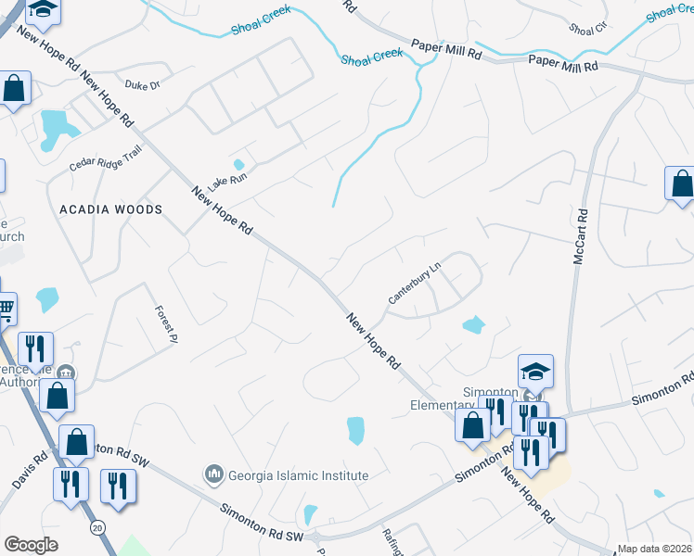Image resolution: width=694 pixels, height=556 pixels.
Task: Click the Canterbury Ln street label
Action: click(x=414, y=283)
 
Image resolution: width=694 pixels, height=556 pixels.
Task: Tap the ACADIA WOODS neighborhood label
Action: click(x=110, y=209)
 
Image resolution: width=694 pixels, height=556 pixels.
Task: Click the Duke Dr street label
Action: click(x=143, y=84)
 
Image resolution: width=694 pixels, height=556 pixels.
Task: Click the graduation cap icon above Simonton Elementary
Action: click(x=536, y=371)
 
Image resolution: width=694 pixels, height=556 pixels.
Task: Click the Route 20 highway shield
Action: click(x=96, y=527)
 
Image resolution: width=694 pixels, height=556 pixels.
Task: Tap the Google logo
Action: click(x=31, y=545)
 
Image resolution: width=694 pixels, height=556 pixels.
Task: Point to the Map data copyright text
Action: click(x=653, y=549)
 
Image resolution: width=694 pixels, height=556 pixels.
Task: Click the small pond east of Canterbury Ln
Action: click(x=473, y=324)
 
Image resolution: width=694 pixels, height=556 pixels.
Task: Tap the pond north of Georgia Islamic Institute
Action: click(x=355, y=430)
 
